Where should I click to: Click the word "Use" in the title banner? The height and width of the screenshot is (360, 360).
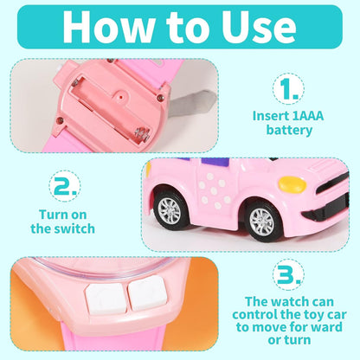click(x=259, y=27)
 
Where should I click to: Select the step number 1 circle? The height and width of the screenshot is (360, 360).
click(x=288, y=88)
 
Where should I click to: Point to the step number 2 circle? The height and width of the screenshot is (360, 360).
click(x=65, y=186)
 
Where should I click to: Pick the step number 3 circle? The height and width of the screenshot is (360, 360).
click(x=288, y=274)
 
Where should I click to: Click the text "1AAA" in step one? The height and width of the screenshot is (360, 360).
click(x=308, y=116)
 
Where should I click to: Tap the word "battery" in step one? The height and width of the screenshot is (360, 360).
click(x=289, y=130)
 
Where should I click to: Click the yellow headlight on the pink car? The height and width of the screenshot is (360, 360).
click(x=292, y=183)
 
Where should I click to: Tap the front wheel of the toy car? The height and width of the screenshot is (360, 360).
click(x=262, y=221)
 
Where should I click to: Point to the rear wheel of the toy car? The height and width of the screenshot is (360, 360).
click(x=170, y=209)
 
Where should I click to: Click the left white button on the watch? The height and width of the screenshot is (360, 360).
click(x=106, y=299)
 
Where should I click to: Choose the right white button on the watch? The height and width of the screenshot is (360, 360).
click(x=148, y=292)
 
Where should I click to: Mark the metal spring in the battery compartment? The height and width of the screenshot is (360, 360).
click(x=142, y=132)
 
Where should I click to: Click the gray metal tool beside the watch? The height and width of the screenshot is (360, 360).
click(x=192, y=103)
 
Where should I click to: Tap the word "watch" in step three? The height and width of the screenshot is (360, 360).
click(x=290, y=302)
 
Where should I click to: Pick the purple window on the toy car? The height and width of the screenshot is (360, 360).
click(x=214, y=162)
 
